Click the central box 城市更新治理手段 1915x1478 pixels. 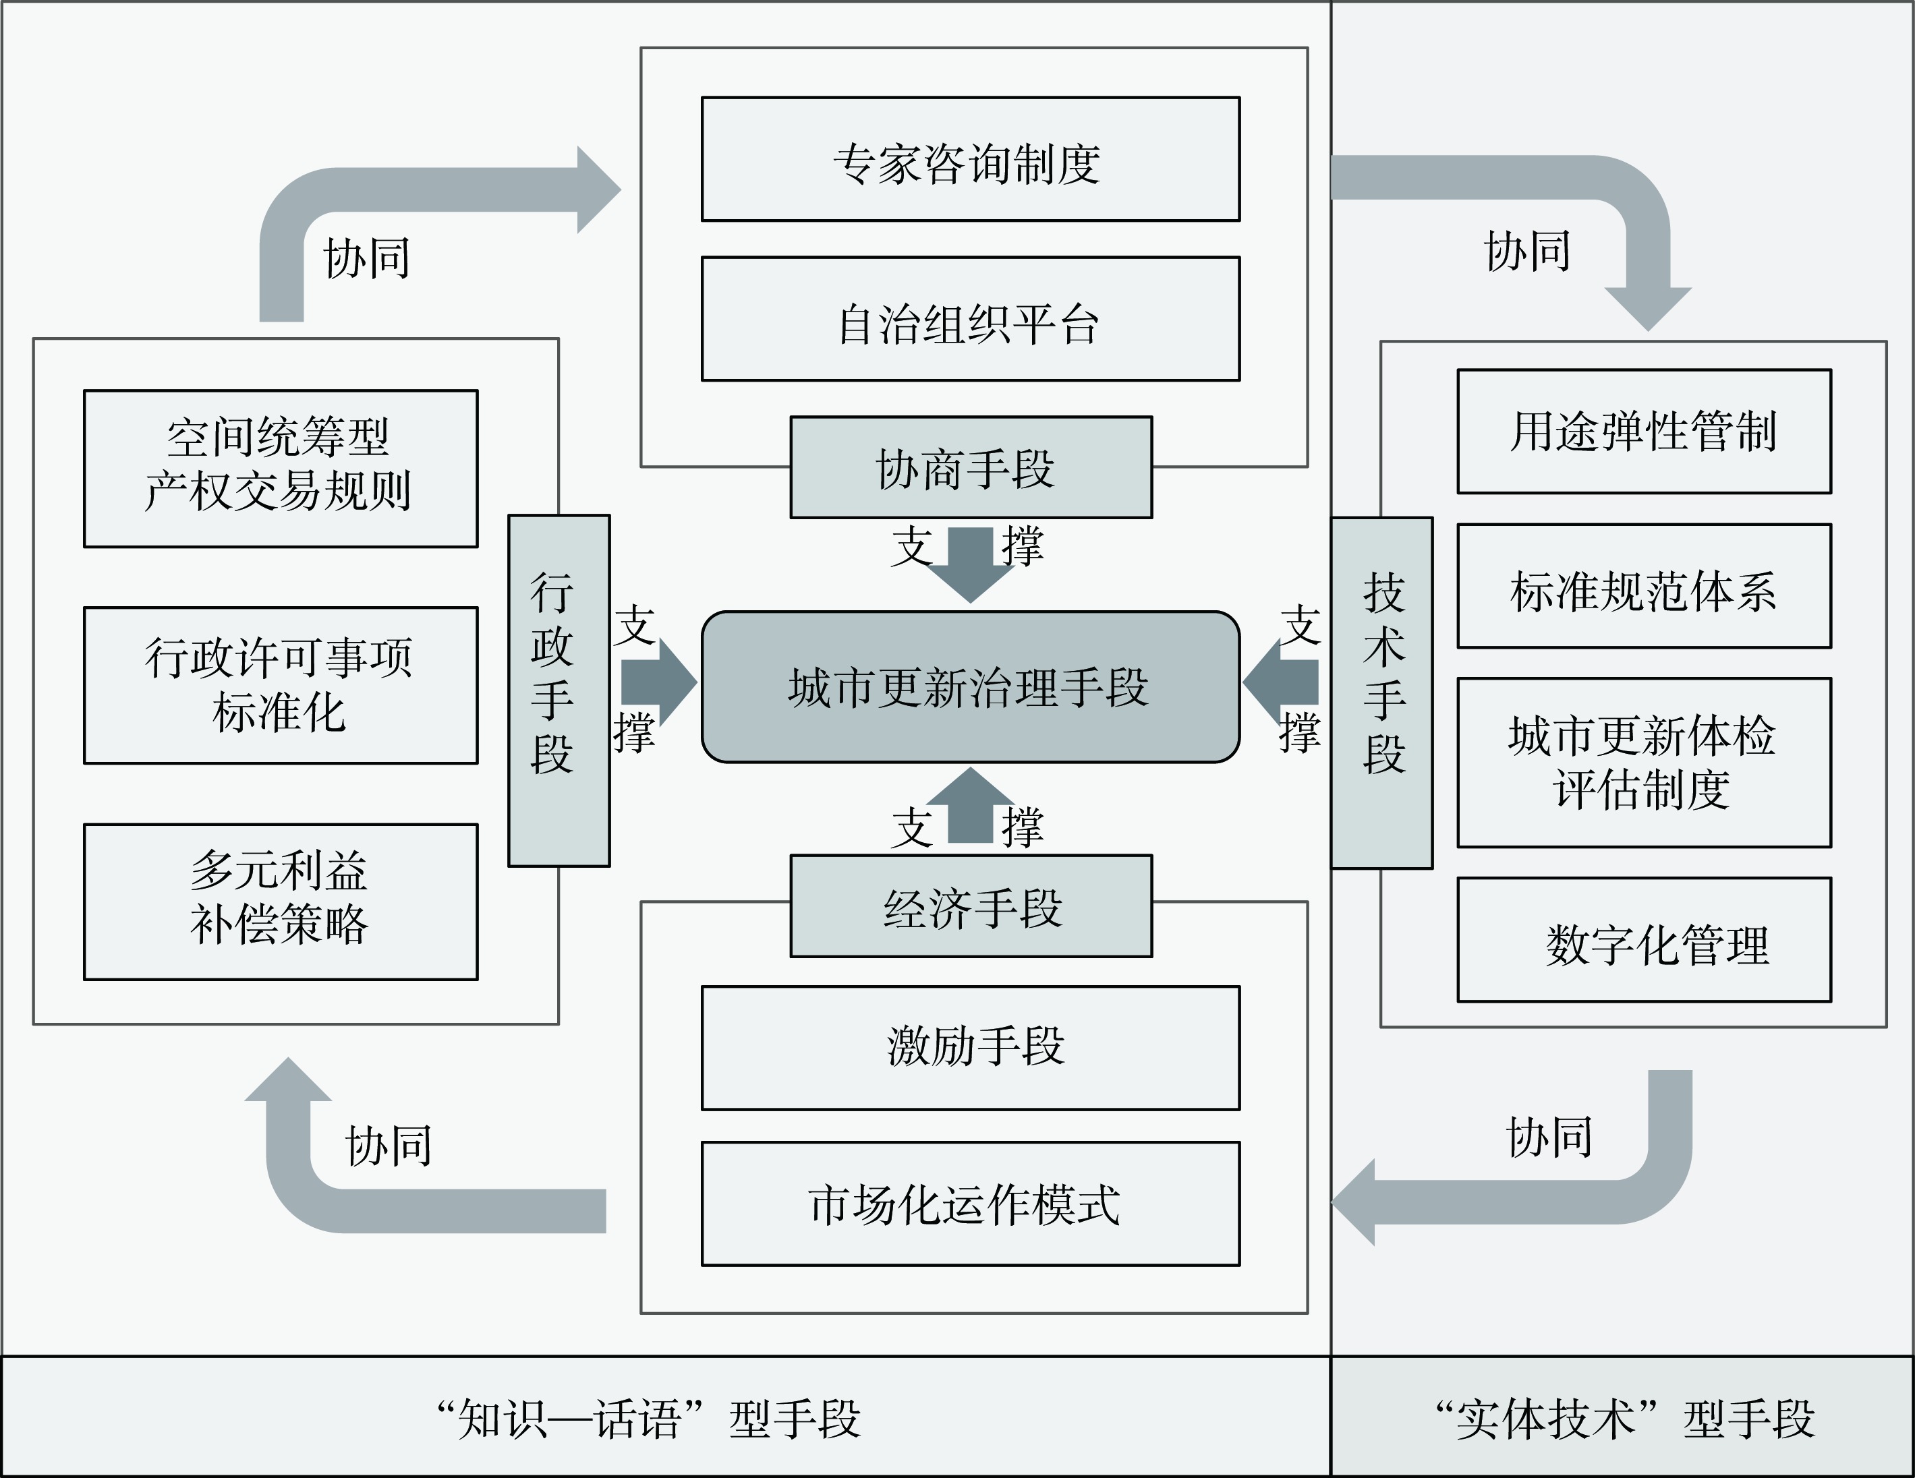tap(970, 687)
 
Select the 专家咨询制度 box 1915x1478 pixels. tap(970, 160)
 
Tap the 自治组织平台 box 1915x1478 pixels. tap(970, 319)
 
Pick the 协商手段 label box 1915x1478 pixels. tap(971, 468)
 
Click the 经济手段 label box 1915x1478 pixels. tap(971, 906)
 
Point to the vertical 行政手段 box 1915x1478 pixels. tap(559, 690)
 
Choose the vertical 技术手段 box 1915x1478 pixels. tap(1382, 692)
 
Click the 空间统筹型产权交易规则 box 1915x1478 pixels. tap(281, 469)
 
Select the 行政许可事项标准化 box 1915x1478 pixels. tap(281, 686)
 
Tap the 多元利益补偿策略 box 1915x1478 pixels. tap(281, 902)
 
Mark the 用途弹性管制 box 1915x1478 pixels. tap(1644, 432)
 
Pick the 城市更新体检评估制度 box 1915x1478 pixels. tap(1644, 763)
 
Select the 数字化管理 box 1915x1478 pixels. tap(1644, 940)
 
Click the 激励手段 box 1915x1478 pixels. tap(970, 1048)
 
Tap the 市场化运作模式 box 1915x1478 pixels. tap(970, 1204)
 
